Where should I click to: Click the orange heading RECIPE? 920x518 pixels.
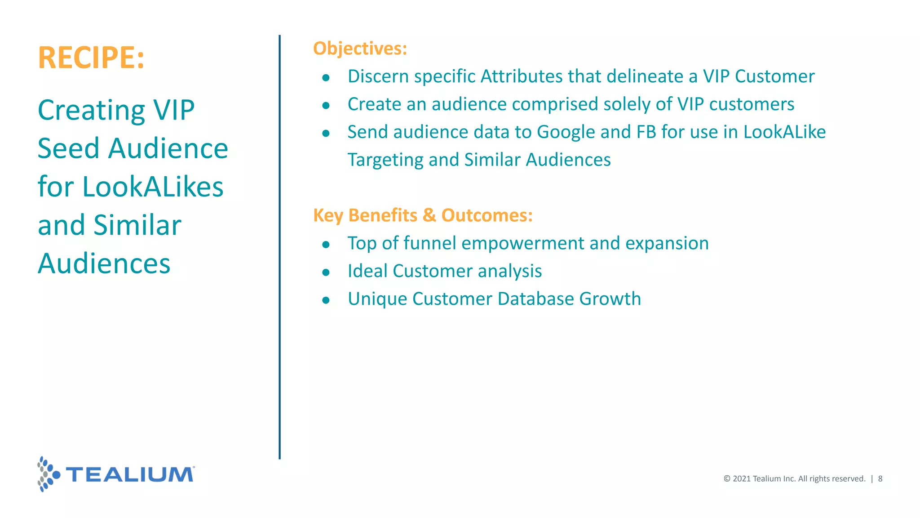click(x=91, y=58)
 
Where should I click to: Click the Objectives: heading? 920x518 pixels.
click(x=360, y=49)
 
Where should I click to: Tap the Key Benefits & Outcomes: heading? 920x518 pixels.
click(x=423, y=215)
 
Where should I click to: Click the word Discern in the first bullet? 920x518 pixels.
click(x=378, y=76)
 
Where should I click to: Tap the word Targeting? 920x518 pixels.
click(x=385, y=160)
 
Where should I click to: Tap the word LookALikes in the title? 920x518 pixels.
click(x=153, y=187)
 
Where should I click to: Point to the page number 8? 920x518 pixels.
click(x=880, y=479)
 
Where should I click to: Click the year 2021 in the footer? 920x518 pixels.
click(x=742, y=479)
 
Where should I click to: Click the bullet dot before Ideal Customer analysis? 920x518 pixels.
click(x=326, y=272)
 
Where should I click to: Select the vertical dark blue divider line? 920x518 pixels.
click(x=279, y=247)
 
